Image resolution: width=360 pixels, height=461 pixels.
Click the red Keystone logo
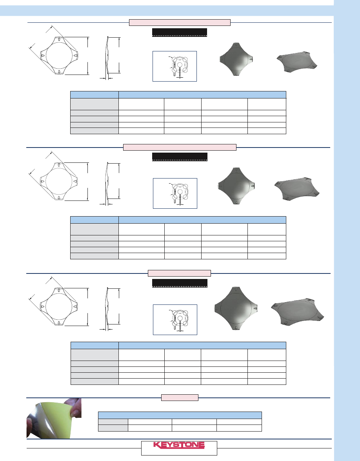[x=179, y=445]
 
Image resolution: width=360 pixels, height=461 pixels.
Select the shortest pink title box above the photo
[x=180, y=397]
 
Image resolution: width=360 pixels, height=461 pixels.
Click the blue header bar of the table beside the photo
[x=180, y=415]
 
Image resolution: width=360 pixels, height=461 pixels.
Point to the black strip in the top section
[x=180, y=32]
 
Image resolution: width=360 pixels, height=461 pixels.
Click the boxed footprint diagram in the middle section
[x=175, y=193]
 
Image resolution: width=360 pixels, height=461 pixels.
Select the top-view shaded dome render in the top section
[x=236, y=59]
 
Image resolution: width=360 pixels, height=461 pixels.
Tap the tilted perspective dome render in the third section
[x=297, y=312]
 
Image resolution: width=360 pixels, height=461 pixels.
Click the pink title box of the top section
[x=180, y=23]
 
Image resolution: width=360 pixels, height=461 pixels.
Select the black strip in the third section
[x=180, y=283]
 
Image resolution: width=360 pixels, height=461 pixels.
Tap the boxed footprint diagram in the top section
[x=175, y=66]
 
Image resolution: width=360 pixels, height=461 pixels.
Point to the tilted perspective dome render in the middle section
[x=297, y=189]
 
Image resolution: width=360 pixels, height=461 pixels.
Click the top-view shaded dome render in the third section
[x=236, y=308]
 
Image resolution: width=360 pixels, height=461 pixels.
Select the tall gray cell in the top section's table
[x=95, y=104]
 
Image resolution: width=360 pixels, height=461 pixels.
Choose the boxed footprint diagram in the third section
[x=175, y=320]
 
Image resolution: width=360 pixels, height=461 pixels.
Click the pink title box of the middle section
[x=180, y=147]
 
